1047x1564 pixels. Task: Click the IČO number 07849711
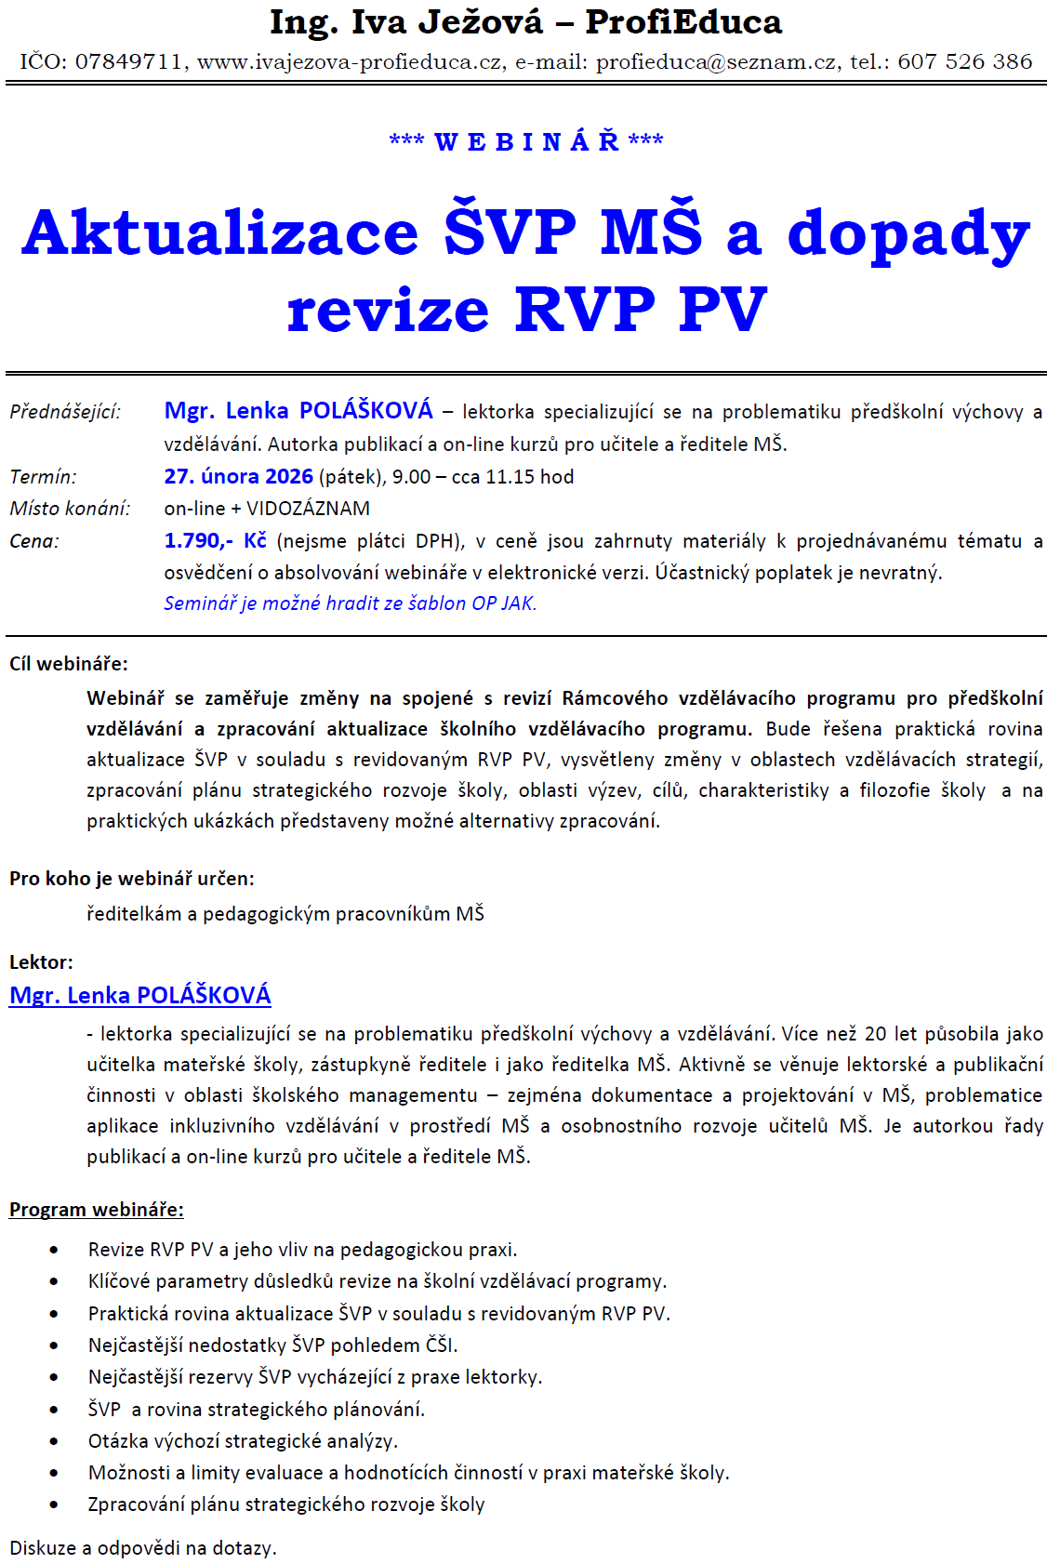[128, 62]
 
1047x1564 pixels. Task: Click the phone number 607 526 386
[965, 62]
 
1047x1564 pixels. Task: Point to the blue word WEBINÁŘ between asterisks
[527, 142]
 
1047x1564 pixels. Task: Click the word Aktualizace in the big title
[220, 232]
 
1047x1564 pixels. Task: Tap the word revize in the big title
[388, 310]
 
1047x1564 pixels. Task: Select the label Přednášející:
[65, 411]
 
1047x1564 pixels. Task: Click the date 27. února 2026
[238, 477]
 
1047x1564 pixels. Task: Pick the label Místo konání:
[70, 509]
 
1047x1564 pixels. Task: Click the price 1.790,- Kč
[215, 541]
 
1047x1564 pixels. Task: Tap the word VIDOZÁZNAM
[308, 509]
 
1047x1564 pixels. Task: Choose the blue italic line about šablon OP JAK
[351, 603]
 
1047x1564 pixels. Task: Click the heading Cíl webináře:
[69, 664]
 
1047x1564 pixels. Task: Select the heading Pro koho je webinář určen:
[131, 879]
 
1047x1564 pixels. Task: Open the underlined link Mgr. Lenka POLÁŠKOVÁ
[140, 996]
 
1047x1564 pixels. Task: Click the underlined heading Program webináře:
[97, 1210]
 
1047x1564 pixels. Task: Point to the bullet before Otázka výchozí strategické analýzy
[54, 1441]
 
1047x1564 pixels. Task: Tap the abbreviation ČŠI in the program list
[441, 1345]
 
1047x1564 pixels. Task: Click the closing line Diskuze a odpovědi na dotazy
[143, 1548]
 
